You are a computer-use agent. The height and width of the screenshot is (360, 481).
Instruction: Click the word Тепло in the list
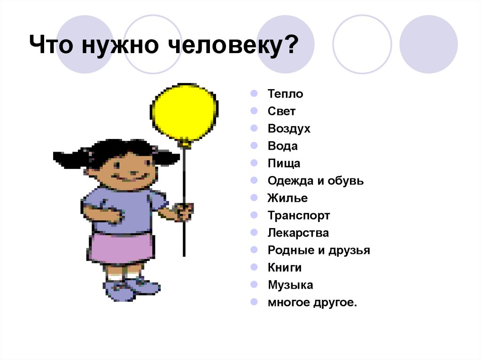pos(286,94)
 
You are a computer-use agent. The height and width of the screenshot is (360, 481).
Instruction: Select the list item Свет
pos(282,111)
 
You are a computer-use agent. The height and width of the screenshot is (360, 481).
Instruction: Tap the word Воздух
pos(289,129)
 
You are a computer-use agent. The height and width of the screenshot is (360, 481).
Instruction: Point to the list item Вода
pos(283,146)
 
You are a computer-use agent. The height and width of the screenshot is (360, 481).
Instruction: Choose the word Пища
pos(284,163)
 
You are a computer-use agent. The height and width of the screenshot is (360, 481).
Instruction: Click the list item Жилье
pos(287,198)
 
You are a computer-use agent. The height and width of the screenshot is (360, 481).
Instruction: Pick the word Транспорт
pos(299,215)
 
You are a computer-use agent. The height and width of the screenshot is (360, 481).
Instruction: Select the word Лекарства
pos(298,233)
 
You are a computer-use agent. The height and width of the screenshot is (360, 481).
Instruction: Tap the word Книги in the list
pos(285,268)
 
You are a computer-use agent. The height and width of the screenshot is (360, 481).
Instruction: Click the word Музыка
pos(290,285)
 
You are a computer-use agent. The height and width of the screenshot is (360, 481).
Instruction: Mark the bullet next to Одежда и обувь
pos(254,180)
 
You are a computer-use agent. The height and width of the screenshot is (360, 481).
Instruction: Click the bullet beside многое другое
pos(254,302)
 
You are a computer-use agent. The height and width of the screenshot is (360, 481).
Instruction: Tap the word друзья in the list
pos(349,250)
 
